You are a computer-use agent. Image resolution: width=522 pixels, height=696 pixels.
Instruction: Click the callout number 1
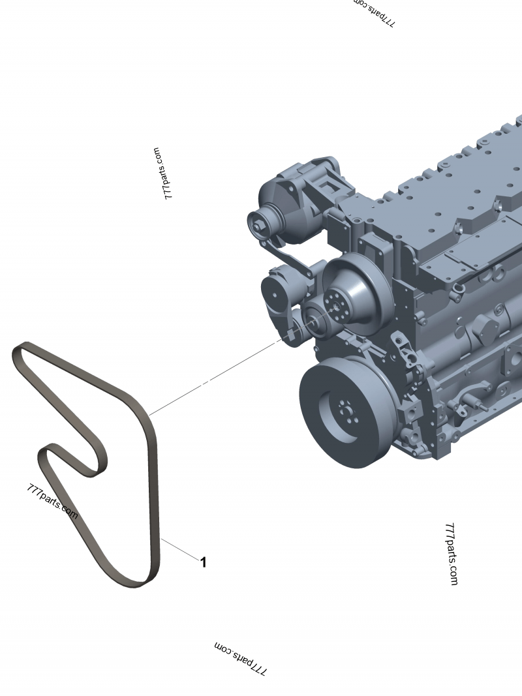tap(203, 562)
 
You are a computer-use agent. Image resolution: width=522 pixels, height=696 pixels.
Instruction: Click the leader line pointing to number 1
tap(180, 550)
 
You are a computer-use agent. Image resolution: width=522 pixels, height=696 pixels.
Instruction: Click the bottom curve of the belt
tap(134, 581)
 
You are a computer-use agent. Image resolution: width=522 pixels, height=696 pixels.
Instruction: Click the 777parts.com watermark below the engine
tap(451, 553)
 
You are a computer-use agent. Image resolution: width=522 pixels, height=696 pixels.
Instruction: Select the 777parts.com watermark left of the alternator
tap(161, 173)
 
